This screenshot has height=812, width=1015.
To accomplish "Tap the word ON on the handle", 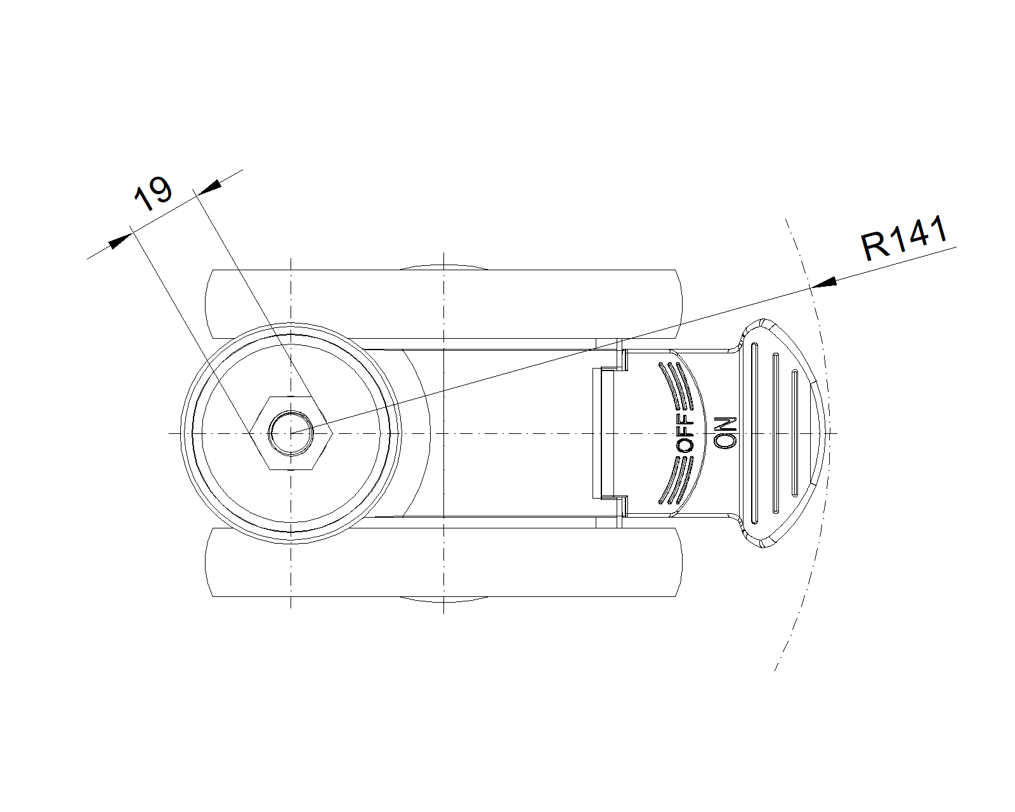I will pyautogui.click(x=725, y=433).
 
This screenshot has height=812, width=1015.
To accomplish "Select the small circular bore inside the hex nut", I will pyautogui.click(x=291, y=433).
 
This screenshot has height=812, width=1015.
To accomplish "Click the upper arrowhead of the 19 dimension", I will pyautogui.click(x=209, y=186).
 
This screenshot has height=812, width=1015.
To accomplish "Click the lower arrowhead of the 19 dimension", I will pyautogui.click(x=121, y=242).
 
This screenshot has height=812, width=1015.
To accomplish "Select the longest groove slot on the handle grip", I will pyautogui.click(x=754, y=433).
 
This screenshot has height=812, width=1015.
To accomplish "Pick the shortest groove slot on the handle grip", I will pyautogui.click(x=794, y=433).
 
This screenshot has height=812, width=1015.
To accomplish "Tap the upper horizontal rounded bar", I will pyautogui.click(x=444, y=303).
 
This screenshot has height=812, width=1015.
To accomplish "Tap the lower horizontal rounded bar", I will pyautogui.click(x=444, y=562).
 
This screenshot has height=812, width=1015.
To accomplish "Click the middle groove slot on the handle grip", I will pyautogui.click(x=775, y=433).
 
